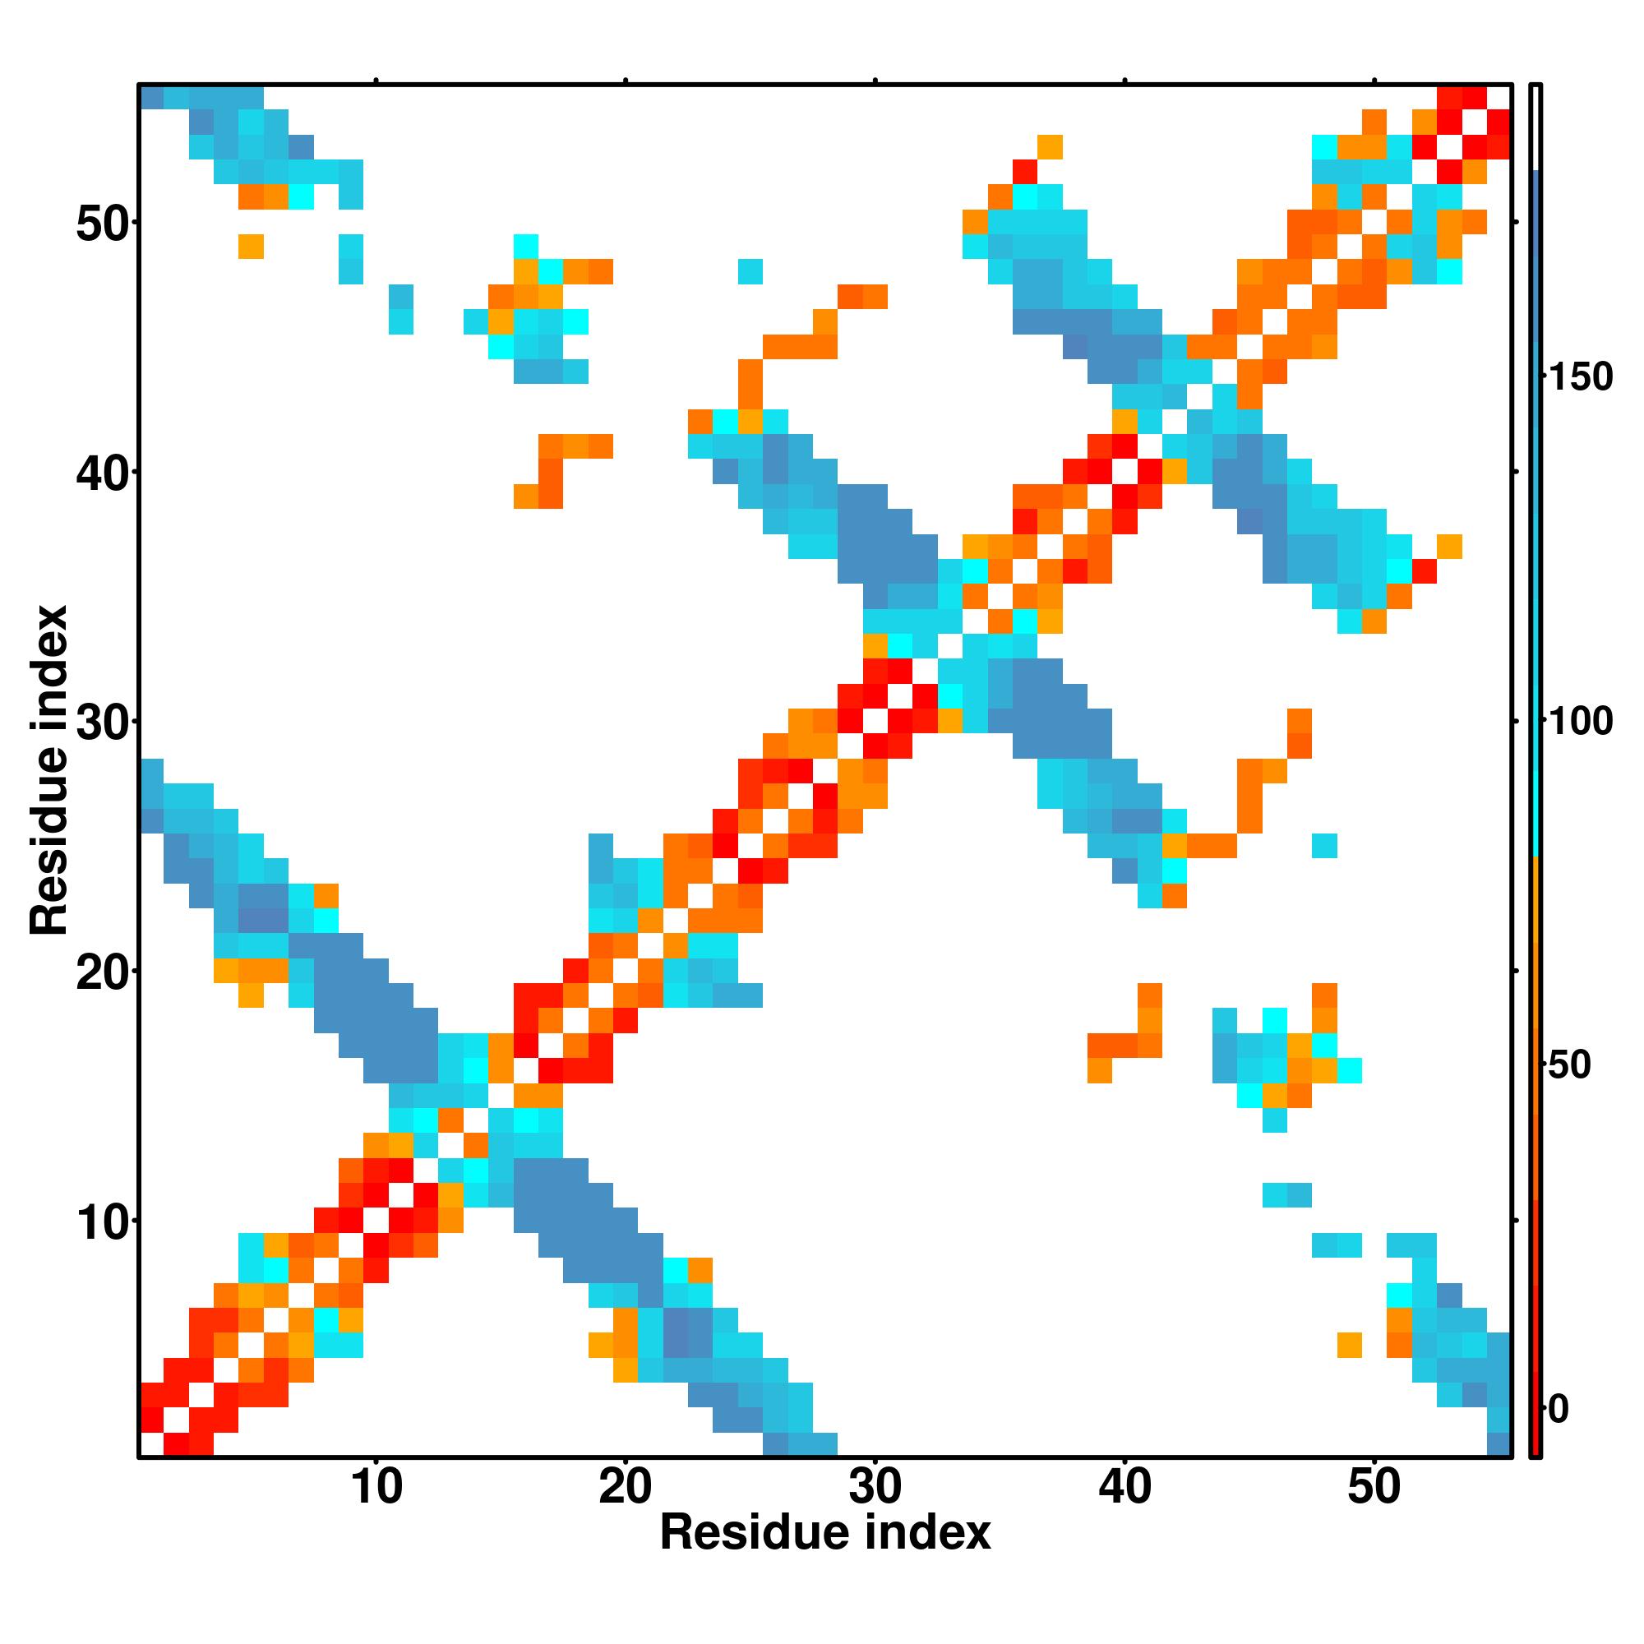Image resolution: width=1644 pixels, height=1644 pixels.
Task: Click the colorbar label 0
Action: (1559, 1409)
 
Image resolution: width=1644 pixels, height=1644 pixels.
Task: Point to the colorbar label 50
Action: (1569, 1065)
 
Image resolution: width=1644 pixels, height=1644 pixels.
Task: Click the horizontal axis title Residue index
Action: (825, 1533)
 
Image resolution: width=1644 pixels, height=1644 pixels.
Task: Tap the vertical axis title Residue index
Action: (49, 770)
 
